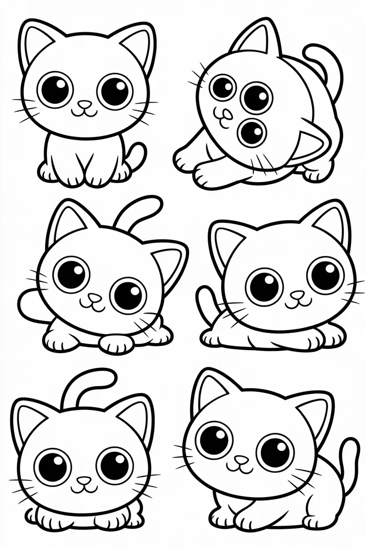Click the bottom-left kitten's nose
pyautogui.click(x=81, y=479)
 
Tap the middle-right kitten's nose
pyautogui.click(x=297, y=293)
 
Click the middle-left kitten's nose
pyautogui.click(x=93, y=297)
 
